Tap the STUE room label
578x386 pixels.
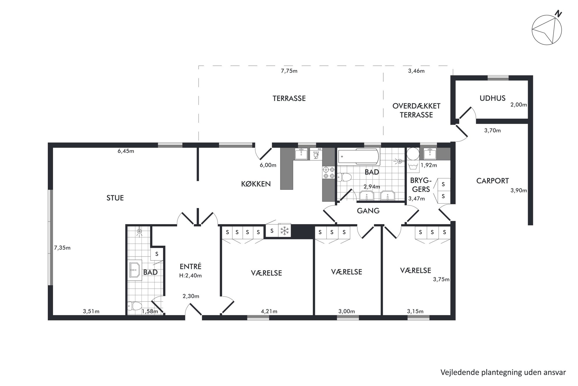pos(115,198)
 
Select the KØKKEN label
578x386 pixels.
pos(256,184)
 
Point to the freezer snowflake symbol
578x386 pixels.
pos(284,231)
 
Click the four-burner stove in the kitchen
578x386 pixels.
pos(329,172)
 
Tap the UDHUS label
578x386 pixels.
pos(492,98)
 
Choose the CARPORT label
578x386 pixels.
pos(492,181)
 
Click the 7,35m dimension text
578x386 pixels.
pos(62,248)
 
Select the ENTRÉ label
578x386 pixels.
pos(191,266)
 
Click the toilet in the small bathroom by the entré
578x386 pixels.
pos(134,306)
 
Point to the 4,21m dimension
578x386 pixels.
pos(269,311)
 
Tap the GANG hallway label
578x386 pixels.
pos(368,211)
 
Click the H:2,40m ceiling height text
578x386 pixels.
pos(191,275)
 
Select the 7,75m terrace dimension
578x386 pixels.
pos(289,71)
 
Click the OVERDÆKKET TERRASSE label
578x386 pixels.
pos(416,110)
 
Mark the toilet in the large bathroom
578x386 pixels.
pos(344,177)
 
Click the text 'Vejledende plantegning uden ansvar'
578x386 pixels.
pos(503,372)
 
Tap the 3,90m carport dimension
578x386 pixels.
pos(519,191)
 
